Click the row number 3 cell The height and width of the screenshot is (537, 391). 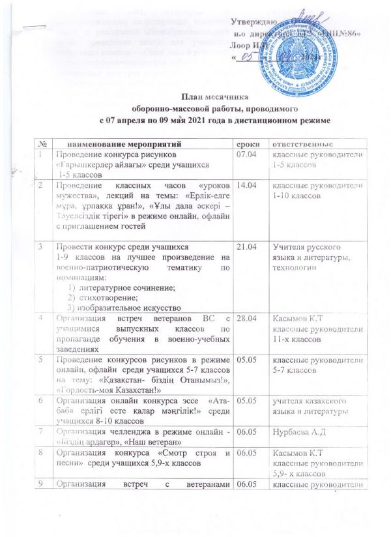tap(40, 248)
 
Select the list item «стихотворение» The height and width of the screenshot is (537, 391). tap(106, 296)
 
